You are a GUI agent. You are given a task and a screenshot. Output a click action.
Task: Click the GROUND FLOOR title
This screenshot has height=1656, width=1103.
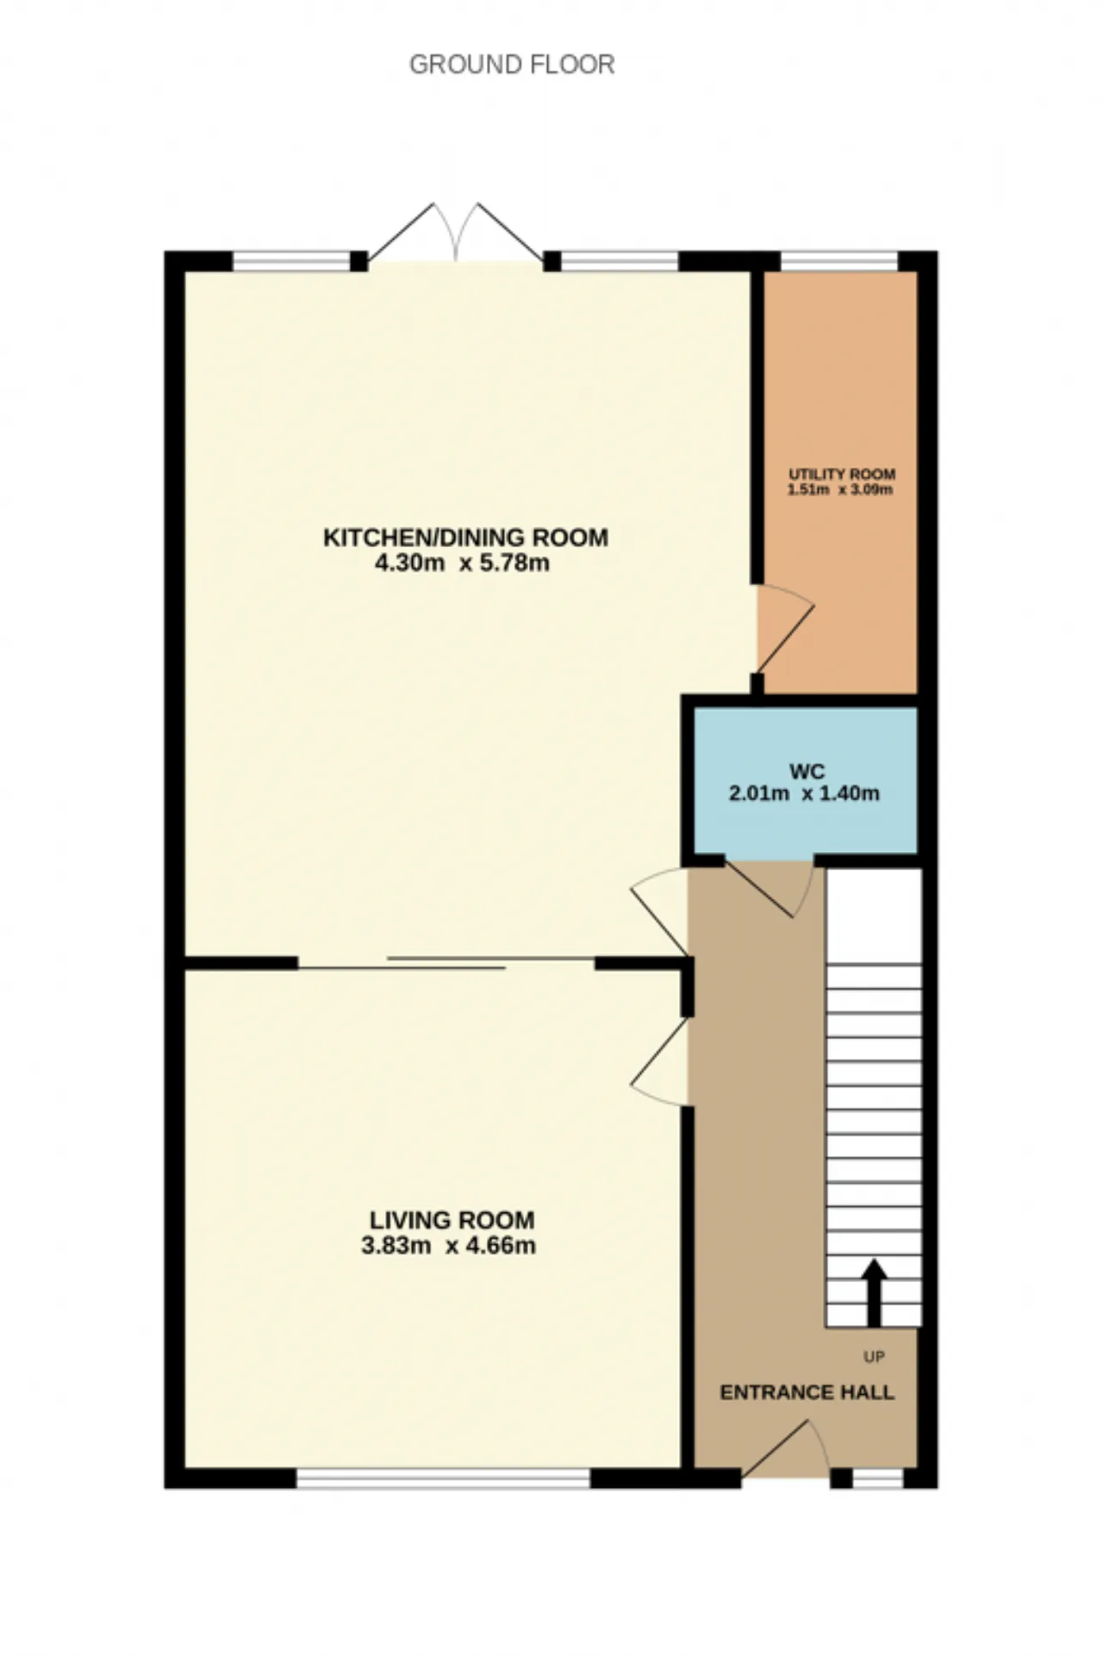tap(512, 65)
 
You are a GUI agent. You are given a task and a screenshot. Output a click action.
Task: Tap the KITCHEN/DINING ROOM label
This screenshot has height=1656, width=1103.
tap(465, 538)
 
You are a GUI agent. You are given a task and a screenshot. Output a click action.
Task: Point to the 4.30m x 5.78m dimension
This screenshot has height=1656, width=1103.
tap(463, 564)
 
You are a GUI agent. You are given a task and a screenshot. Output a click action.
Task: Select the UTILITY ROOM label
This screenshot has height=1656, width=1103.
tap(842, 475)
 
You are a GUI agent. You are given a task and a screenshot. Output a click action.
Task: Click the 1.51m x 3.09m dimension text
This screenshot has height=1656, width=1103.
tap(839, 490)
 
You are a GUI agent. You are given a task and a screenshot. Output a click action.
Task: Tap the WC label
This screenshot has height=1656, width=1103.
tap(807, 771)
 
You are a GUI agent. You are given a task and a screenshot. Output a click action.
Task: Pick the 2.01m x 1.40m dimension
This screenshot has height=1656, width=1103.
tap(804, 794)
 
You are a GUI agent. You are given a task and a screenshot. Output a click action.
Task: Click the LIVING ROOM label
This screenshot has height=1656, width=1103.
tap(452, 1220)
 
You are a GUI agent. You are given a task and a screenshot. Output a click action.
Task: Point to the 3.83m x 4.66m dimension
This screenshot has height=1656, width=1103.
tap(448, 1246)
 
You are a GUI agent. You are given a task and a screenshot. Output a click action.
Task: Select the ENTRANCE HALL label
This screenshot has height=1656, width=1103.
tap(807, 1392)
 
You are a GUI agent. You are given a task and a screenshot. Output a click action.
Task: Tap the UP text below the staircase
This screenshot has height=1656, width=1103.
tap(874, 1357)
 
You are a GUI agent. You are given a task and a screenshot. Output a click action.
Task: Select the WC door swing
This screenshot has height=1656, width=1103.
tap(770, 887)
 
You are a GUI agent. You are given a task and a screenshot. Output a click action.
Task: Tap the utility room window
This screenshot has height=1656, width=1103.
tap(839, 260)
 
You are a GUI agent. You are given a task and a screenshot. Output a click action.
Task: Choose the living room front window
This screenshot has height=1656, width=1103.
tap(444, 1479)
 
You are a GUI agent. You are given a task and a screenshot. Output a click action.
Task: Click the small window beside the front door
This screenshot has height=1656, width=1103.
tap(878, 1479)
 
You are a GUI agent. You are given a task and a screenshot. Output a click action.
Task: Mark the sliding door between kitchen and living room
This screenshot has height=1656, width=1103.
tap(447, 963)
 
